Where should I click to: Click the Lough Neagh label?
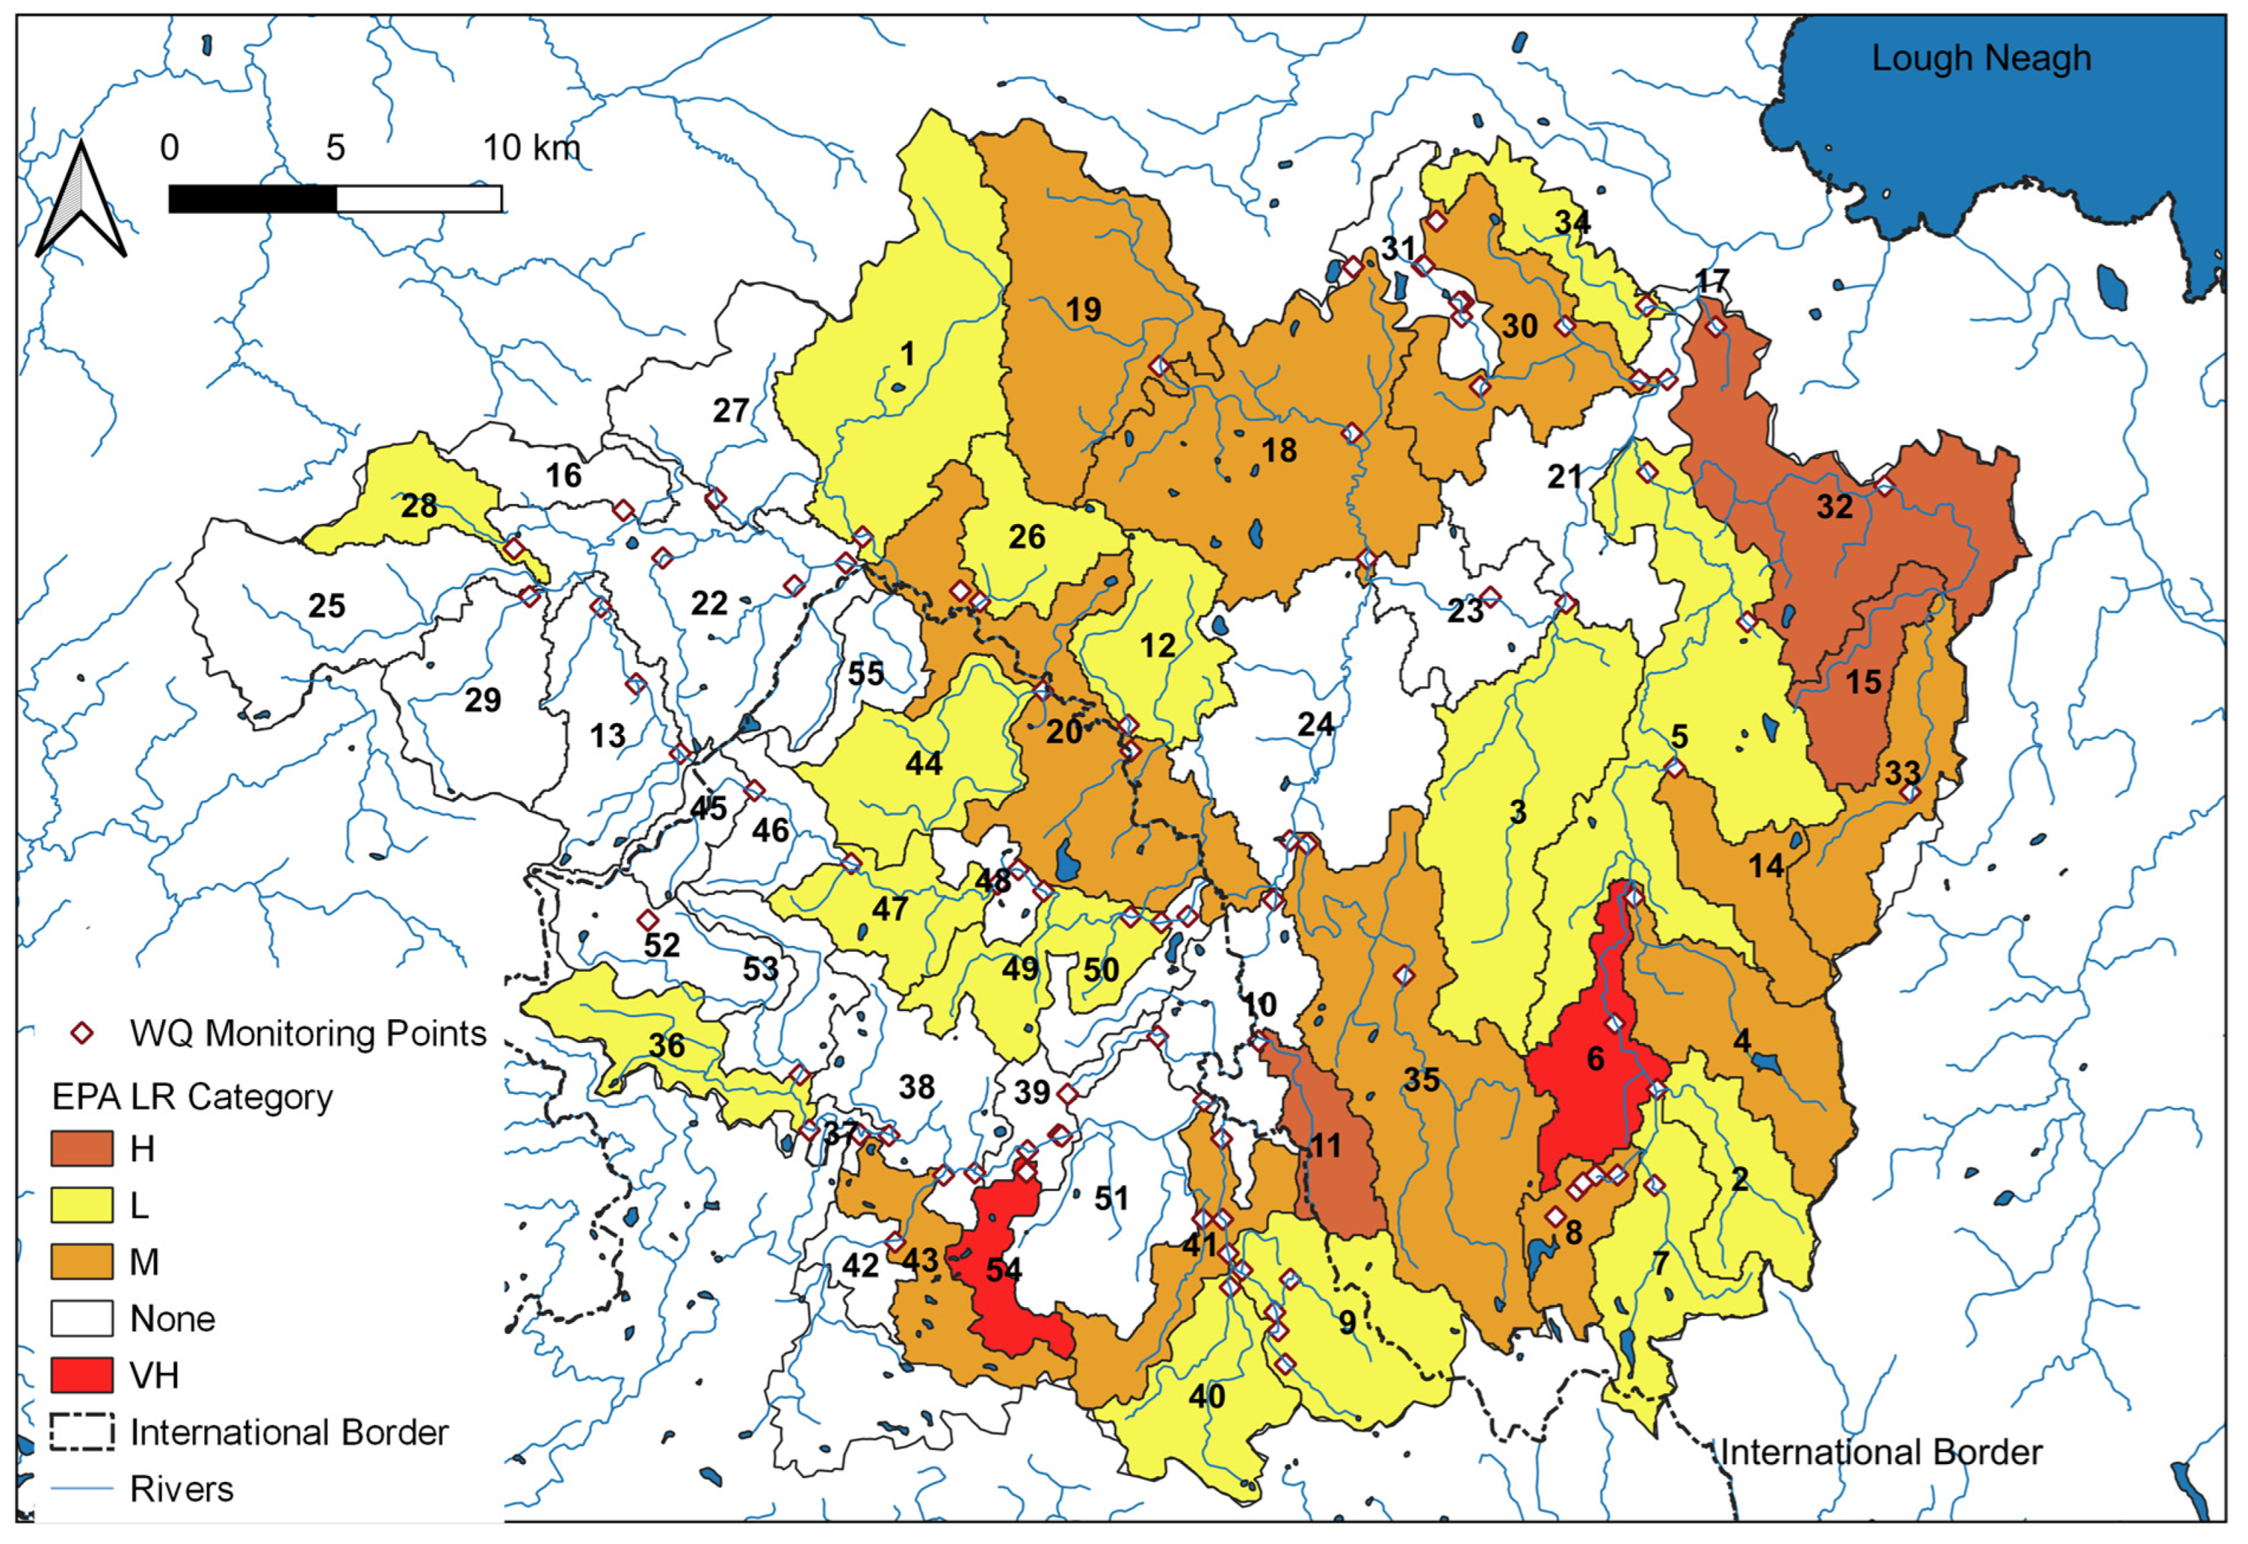tap(1980, 58)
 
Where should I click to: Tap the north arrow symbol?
tap(81, 203)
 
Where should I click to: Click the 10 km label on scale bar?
tap(531, 148)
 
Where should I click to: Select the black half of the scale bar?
tap(252, 199)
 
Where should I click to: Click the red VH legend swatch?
tap(81, 1375)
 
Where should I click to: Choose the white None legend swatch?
tap(81, 1318)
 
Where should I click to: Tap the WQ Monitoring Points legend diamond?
tap(82, 1033)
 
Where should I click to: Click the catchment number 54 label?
tap(1003, 1269)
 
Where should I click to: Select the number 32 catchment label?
tap(1834, 507)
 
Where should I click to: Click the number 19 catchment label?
tap(1083, 309)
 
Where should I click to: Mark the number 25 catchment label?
tap(327, 605)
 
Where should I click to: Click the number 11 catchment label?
tap(1325, 1147)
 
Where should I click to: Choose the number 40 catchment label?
tap(1206, 1396)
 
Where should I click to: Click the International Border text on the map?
tap(1880, 1452)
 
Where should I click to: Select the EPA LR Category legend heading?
tap(192, 1097)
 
